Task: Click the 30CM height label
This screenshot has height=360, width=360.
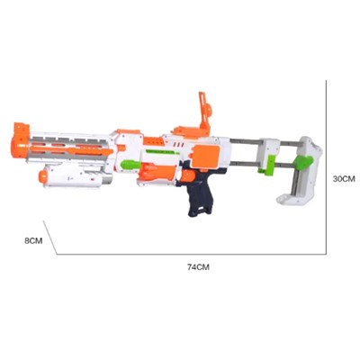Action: (x=344, y=179)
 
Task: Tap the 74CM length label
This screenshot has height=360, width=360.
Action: (x=198, y=267)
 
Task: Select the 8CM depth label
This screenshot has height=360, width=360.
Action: (x=33, y=240)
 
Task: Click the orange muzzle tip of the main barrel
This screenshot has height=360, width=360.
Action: (x=21, y=141)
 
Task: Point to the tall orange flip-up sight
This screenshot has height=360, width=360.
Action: (x=205, y=112)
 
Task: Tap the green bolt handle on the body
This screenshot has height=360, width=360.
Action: (x=130, y=165)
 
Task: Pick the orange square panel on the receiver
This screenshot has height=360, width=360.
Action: (x=206, y=156)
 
